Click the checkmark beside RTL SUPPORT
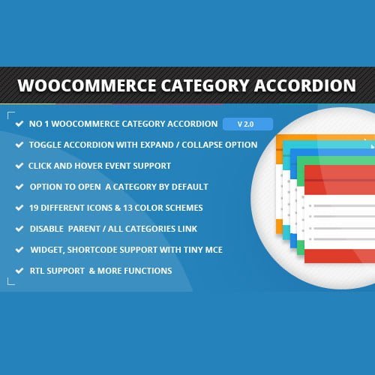tap(17, 271)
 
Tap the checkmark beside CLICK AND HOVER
tap(17, 166)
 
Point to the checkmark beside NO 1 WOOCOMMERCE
tap(17, 124)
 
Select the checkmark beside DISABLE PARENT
tap(17, 229)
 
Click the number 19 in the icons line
tap(34, 208)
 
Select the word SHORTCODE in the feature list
tap(98, 250)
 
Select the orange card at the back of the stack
tap(283, 142)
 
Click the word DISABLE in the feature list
tap(49, 229)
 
